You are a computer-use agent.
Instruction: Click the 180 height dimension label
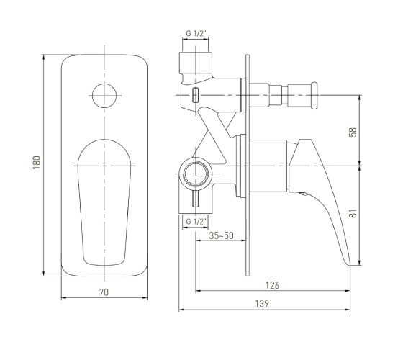(x=37, y=162)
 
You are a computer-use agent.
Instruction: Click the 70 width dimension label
(x=104, y=292)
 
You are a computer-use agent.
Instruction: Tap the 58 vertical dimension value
(x=353, y=132)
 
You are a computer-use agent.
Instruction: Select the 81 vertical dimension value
(x=353, y=213)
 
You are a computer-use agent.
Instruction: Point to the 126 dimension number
(x=272, y=285)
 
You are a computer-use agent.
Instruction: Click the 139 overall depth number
(x=262, y=303)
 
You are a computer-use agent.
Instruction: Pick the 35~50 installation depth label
(x=221, y=235)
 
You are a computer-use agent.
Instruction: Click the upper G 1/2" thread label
(x=196, y=33)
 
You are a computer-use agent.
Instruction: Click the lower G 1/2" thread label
(x=196, y=222)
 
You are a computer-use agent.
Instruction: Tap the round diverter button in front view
(x=104, y=96)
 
